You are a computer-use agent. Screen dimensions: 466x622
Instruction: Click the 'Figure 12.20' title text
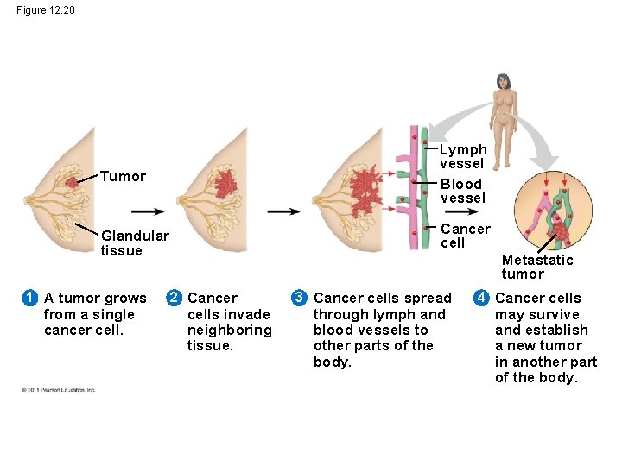pyautogui.click(x=46, y=10)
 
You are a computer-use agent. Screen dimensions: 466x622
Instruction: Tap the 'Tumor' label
pyautogui.click(x=123, y=177)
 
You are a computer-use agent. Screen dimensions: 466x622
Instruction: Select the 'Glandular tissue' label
pyautogui.click(x=135, y=243)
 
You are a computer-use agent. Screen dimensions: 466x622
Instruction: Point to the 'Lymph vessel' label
pyautogui.click(x=463, y=156)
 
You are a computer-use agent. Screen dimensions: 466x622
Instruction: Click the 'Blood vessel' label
pyautogui.click(x=462, y=191)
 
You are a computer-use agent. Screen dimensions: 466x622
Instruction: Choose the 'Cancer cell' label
pyautogui.click(x=465, y=236)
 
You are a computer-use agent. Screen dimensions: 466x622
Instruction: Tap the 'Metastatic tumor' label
pyautogui.click(x=536, y=267)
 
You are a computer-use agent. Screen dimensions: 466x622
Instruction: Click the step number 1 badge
pyautogui.click(x=29, y=299)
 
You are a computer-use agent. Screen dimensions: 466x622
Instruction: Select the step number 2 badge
pyautogui.click(x=173, y=299)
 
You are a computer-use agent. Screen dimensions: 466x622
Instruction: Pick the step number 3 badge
pyautogui.click(x=299, y=299)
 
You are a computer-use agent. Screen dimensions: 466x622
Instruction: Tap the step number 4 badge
pyautogui.click(x=480, y=299)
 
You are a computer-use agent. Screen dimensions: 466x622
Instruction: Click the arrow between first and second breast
pyautogui.click(x=147, y=211)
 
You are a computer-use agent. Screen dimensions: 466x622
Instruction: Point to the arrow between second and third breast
pyautogui.click(x=283, y=211)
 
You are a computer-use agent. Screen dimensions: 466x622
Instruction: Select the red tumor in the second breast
pyautogui.click(x=226, y=183)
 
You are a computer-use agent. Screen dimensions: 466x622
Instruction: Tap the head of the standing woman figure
pyautogui.click(x=501, y=82)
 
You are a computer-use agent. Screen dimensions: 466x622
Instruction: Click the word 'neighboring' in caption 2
pyautogui.click(x=229, y=331)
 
